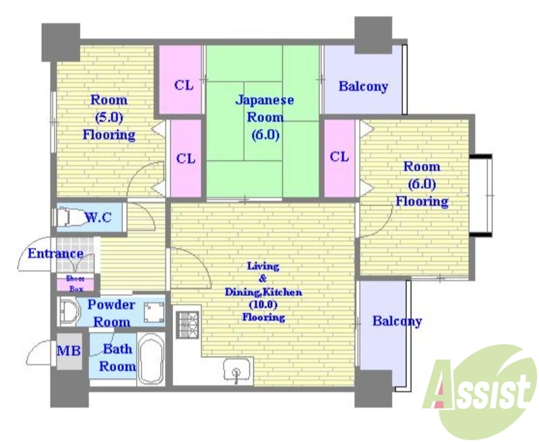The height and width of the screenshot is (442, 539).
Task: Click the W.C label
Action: point(98,217)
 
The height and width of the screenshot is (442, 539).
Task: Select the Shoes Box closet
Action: point(75,284)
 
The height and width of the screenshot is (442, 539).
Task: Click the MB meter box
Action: point(69,351)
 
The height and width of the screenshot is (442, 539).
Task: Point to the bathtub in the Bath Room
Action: point(151,358)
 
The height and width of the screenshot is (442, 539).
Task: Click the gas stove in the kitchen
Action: point(188,324)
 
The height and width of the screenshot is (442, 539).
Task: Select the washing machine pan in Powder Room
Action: point(154,313)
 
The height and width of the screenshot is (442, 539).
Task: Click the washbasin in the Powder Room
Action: point(69,312)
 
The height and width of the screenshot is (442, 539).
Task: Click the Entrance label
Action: point(55,253)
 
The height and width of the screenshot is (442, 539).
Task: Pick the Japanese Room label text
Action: point(265,117)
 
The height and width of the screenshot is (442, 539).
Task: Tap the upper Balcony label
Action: point(363,86)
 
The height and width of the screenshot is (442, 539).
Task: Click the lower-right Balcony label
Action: point(397,321)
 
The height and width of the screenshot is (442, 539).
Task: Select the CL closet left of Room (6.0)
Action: point(340,157)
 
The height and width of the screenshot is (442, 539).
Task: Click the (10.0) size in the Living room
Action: point(264,305)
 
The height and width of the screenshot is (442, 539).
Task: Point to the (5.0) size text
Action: point(108,117)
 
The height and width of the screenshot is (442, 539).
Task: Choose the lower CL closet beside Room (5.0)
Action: point(186,158)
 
